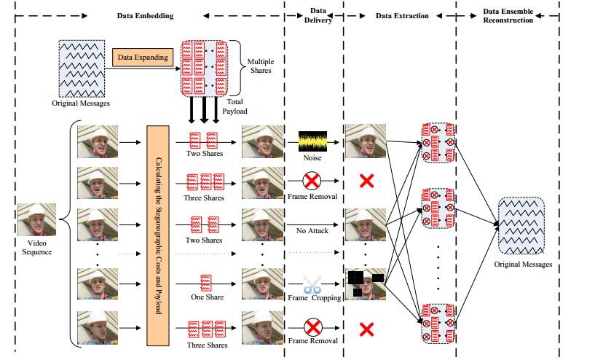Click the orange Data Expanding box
[142, 57]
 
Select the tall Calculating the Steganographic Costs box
[157, 235]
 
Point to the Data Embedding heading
[145, 15]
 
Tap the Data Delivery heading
[318, 15]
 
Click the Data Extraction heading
[401, 15]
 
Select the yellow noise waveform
[313, 138]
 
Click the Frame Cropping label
[313, 298]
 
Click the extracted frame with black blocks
[364, 283]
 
